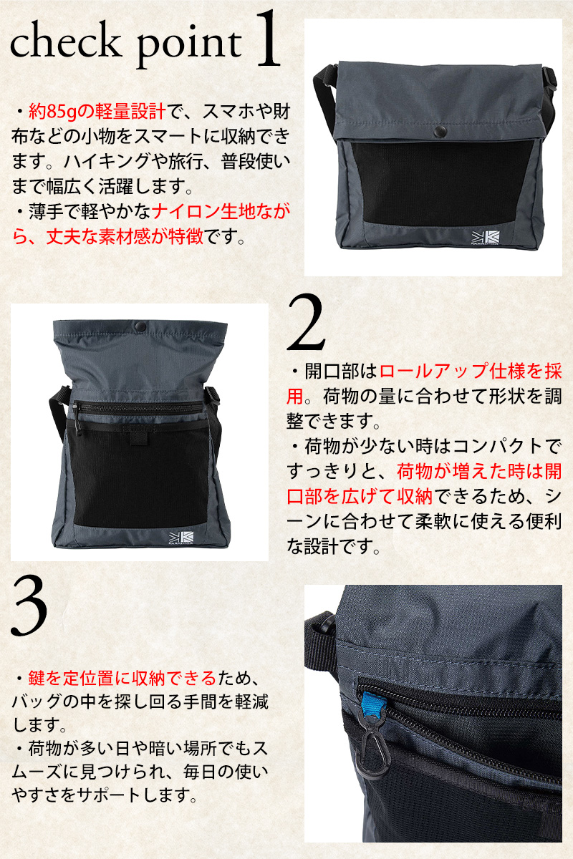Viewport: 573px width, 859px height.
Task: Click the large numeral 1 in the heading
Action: [x=267, y=39]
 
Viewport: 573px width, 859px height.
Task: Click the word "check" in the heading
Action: [x=65, y=44]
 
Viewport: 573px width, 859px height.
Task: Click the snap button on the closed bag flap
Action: [x=439, y=132]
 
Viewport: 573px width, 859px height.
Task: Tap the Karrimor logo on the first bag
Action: [x=485, y=238]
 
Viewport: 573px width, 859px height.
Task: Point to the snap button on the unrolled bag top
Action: [x=141, y=326]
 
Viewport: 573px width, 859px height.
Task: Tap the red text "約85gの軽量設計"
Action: [x=97, y=112]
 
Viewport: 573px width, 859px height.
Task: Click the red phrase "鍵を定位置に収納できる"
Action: [x=122, y=678]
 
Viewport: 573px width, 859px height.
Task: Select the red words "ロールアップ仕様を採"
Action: [x=471, y=372]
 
